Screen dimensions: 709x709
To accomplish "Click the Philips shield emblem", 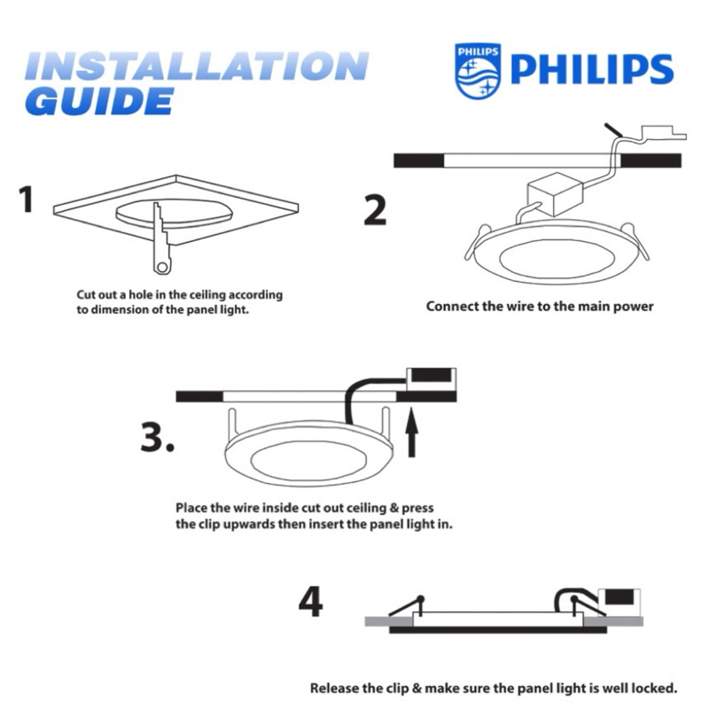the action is pos(478,71).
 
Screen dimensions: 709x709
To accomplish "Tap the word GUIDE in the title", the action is pos(99,101).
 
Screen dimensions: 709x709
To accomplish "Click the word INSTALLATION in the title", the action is pos(197,66).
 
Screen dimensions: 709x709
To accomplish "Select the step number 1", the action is pos(27,199).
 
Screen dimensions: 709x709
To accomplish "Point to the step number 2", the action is pos(375,210).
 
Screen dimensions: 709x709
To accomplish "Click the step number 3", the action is pos(157,437).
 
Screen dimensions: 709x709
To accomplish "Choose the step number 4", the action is pos(311,602).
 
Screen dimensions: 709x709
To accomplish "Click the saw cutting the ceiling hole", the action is pos(160,238).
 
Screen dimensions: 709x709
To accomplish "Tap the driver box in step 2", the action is pos(555,193).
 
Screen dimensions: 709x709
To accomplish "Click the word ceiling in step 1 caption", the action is pos(207,295).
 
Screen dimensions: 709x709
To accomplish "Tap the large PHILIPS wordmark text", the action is pos(592,70).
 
